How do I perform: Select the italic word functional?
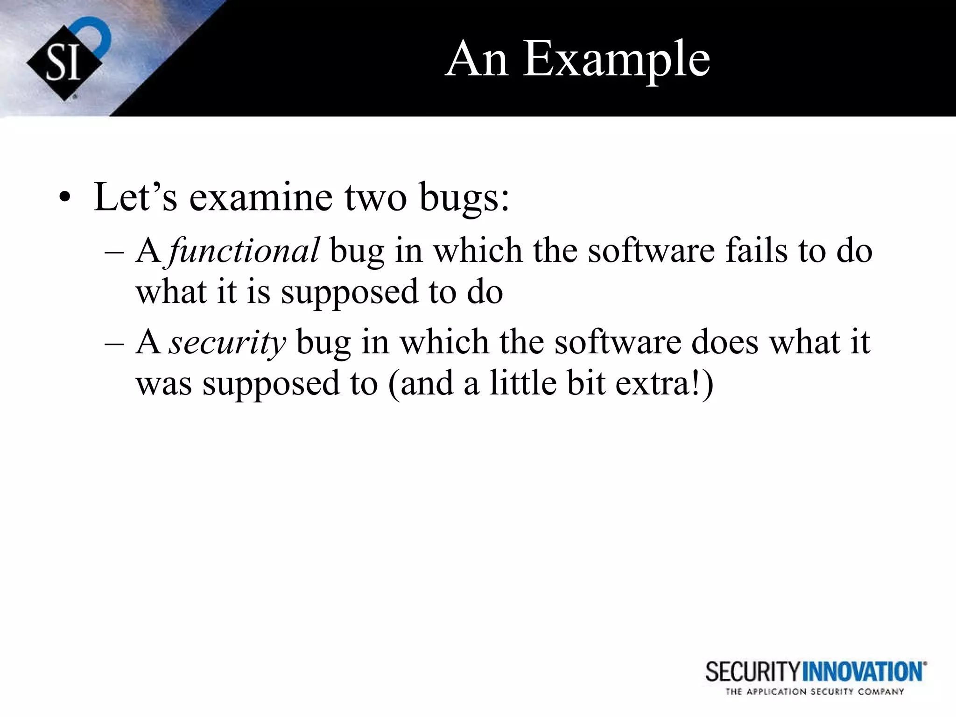244,251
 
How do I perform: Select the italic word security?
227,342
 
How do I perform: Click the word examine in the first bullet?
260,197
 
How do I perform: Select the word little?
523,383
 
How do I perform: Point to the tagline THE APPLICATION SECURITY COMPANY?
815,692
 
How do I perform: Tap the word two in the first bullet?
375,197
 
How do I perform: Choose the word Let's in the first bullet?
135,197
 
